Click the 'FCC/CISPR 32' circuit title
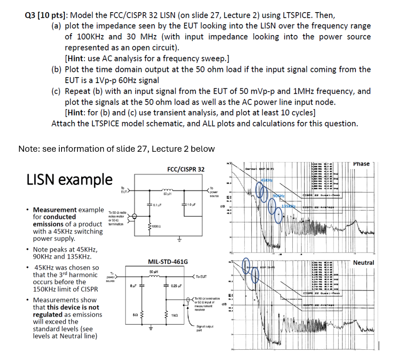[x=185, y=169]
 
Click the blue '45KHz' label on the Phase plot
[x=267, y=180]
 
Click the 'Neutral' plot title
[x=363, y=263]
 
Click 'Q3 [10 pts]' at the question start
[x=47, y=15]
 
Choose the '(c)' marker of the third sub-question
[x=57, y=91]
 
